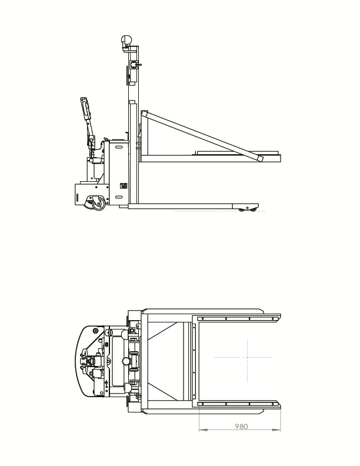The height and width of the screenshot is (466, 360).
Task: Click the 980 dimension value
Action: [239, 425]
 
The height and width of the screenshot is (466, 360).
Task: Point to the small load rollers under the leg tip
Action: [246, 209]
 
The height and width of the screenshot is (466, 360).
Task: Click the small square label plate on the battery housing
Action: [124, 187]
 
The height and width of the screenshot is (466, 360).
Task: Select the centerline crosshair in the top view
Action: [247, 357]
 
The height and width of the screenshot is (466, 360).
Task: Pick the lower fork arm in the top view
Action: [238, 404]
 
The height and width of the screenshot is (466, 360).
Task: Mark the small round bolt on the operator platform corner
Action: [95, 331]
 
